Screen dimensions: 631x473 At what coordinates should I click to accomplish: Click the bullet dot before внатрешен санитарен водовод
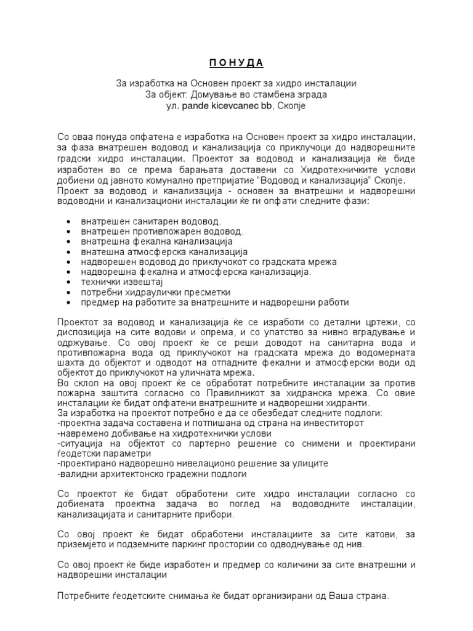(x=67, y=221)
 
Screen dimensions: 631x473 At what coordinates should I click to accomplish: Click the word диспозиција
(x=84, y=333)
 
